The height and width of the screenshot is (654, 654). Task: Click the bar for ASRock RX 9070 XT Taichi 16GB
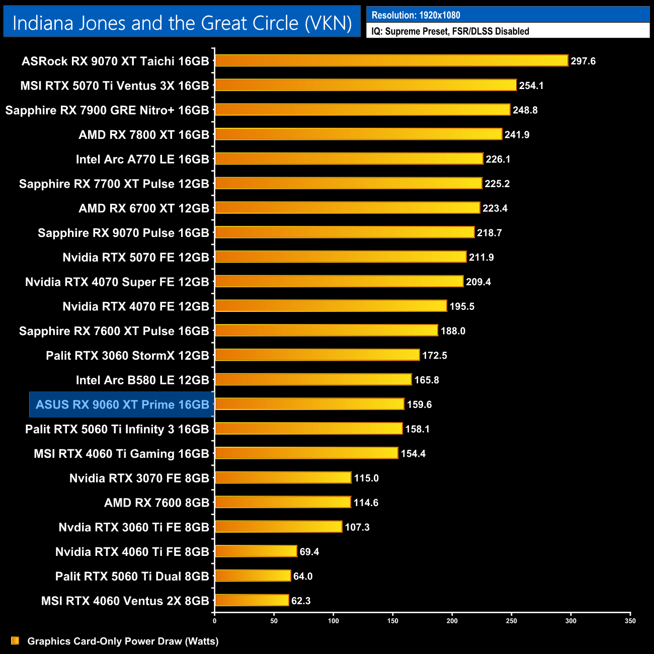pos(391,61)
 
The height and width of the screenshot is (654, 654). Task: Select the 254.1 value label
pos(531,86)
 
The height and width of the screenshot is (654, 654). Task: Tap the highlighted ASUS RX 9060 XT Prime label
pos(122,404)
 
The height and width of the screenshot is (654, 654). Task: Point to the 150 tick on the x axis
pos(393,621)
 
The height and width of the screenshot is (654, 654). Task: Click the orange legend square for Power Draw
pos(15,640)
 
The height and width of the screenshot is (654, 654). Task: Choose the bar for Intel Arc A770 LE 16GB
pos(349,159)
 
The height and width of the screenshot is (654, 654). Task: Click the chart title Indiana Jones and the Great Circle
pos(182,23)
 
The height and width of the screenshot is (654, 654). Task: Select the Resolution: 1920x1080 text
pos(416,15)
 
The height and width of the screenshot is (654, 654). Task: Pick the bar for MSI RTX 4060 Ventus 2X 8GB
pos(252,600)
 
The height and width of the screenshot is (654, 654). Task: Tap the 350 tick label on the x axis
pos(630,621)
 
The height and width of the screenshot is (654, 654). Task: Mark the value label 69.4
pos(309,552)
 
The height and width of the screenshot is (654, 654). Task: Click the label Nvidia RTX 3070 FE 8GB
pos(139,478)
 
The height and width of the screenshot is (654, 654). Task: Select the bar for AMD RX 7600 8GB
pos(283,502)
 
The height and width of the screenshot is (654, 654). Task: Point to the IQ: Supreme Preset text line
pos(450,31)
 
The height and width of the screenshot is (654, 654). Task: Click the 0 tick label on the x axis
pos(215,621)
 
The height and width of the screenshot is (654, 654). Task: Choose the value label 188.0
pos(453,331)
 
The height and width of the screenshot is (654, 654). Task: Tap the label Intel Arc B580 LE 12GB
pos(142,380)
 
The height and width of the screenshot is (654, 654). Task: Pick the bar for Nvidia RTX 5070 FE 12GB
pos(341,257)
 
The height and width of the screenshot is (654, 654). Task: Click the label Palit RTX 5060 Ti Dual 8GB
pos(132,576)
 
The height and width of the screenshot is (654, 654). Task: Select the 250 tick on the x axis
pos(512,621)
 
